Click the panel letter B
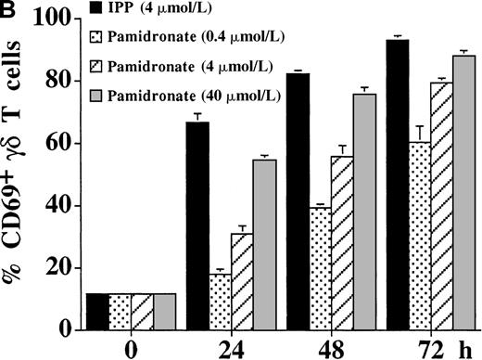pos(10,11)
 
